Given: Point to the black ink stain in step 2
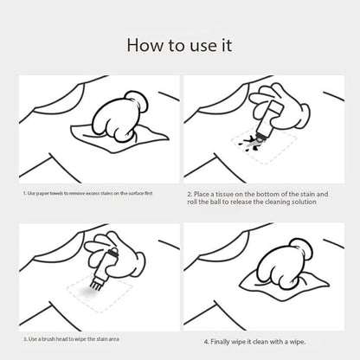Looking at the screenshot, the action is [249, 144].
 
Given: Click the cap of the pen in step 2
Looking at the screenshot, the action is [275, 109].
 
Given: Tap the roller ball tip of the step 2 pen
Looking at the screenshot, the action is [261, 139].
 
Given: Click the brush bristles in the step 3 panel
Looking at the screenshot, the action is [94, 284].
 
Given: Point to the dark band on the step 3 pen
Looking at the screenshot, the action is [110, 253].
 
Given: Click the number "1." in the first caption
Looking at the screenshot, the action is [25, 193].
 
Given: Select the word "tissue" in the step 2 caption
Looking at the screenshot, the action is [224, 194].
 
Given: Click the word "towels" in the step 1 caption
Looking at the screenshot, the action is [56, 193].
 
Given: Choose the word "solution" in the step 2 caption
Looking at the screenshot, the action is [304, 202].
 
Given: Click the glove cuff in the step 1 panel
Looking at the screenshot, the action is [138, 101].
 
